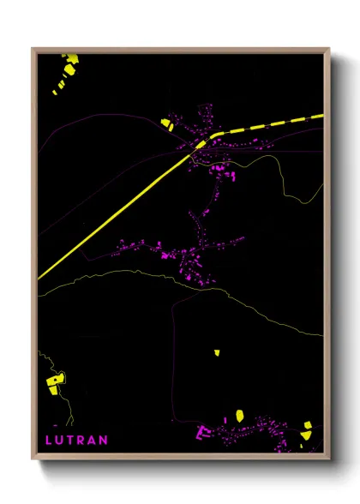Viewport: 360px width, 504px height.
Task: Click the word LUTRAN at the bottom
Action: click(76, 440)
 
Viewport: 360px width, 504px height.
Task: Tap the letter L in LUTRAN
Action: click(49, 440)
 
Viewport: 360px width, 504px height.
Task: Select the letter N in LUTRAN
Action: click(104, 440)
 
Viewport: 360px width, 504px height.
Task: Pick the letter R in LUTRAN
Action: click(82, 440)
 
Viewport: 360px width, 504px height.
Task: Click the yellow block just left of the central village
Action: click(166, 124)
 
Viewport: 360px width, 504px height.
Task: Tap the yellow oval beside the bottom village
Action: click(240, 416)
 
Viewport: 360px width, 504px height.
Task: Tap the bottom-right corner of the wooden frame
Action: click(329, 458)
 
